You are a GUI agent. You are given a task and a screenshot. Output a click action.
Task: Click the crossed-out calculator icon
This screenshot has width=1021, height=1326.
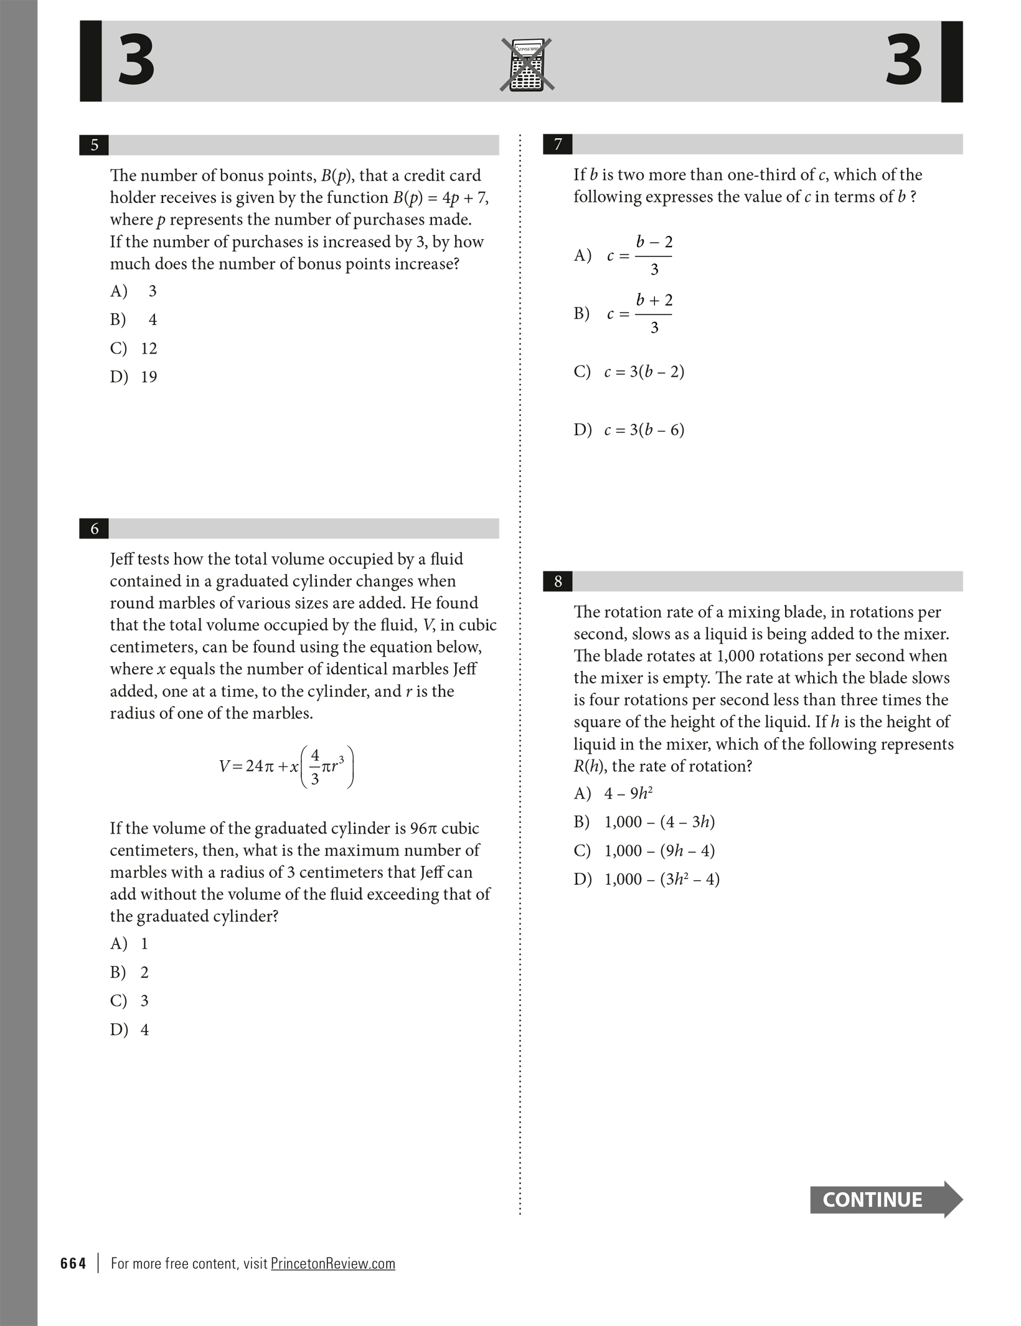[527, 65]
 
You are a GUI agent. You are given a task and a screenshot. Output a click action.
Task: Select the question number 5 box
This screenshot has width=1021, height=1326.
[94, 145]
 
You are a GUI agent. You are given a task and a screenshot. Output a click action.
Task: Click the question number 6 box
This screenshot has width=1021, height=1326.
[94, 529]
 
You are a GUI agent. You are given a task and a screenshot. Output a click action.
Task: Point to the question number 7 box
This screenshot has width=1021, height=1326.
[558, 144]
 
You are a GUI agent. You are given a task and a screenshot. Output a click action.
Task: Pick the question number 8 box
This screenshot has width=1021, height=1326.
[558, 581]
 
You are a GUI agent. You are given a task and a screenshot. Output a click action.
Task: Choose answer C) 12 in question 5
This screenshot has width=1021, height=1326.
[134, 348]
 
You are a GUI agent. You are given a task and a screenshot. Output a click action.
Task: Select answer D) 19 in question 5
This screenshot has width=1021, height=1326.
[134, 377]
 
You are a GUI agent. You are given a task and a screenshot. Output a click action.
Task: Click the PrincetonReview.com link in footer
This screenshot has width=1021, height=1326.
[333, 1263]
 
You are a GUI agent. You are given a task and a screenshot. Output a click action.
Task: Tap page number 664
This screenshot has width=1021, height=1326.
[73, 1263]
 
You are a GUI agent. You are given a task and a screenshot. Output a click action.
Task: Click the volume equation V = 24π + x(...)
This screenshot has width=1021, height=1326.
[286, 766]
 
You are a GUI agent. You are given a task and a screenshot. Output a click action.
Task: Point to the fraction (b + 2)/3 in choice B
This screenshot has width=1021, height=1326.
[654, 314]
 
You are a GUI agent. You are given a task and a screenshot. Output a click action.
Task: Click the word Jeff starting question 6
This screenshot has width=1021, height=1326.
[123, 559]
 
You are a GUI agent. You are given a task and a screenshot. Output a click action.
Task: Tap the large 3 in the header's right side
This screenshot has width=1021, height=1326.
[903, 61]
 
